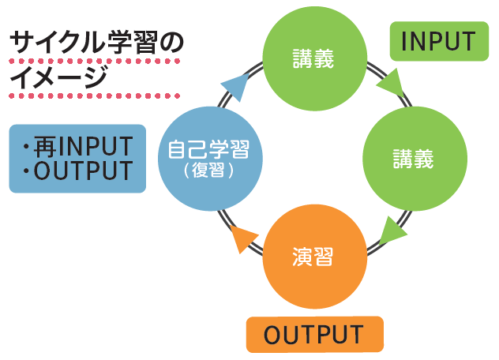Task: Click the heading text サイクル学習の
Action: click(x=96, y=42)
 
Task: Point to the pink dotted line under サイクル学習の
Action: click(x=95, y=61)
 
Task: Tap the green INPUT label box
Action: click(x=438, y=42)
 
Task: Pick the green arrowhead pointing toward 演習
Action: click(x=392, y=231)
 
